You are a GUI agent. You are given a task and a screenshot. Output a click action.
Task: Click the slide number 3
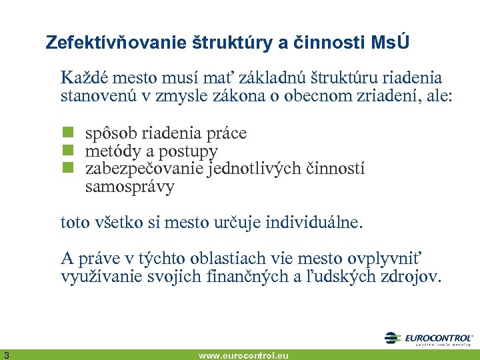pos(5,354)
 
